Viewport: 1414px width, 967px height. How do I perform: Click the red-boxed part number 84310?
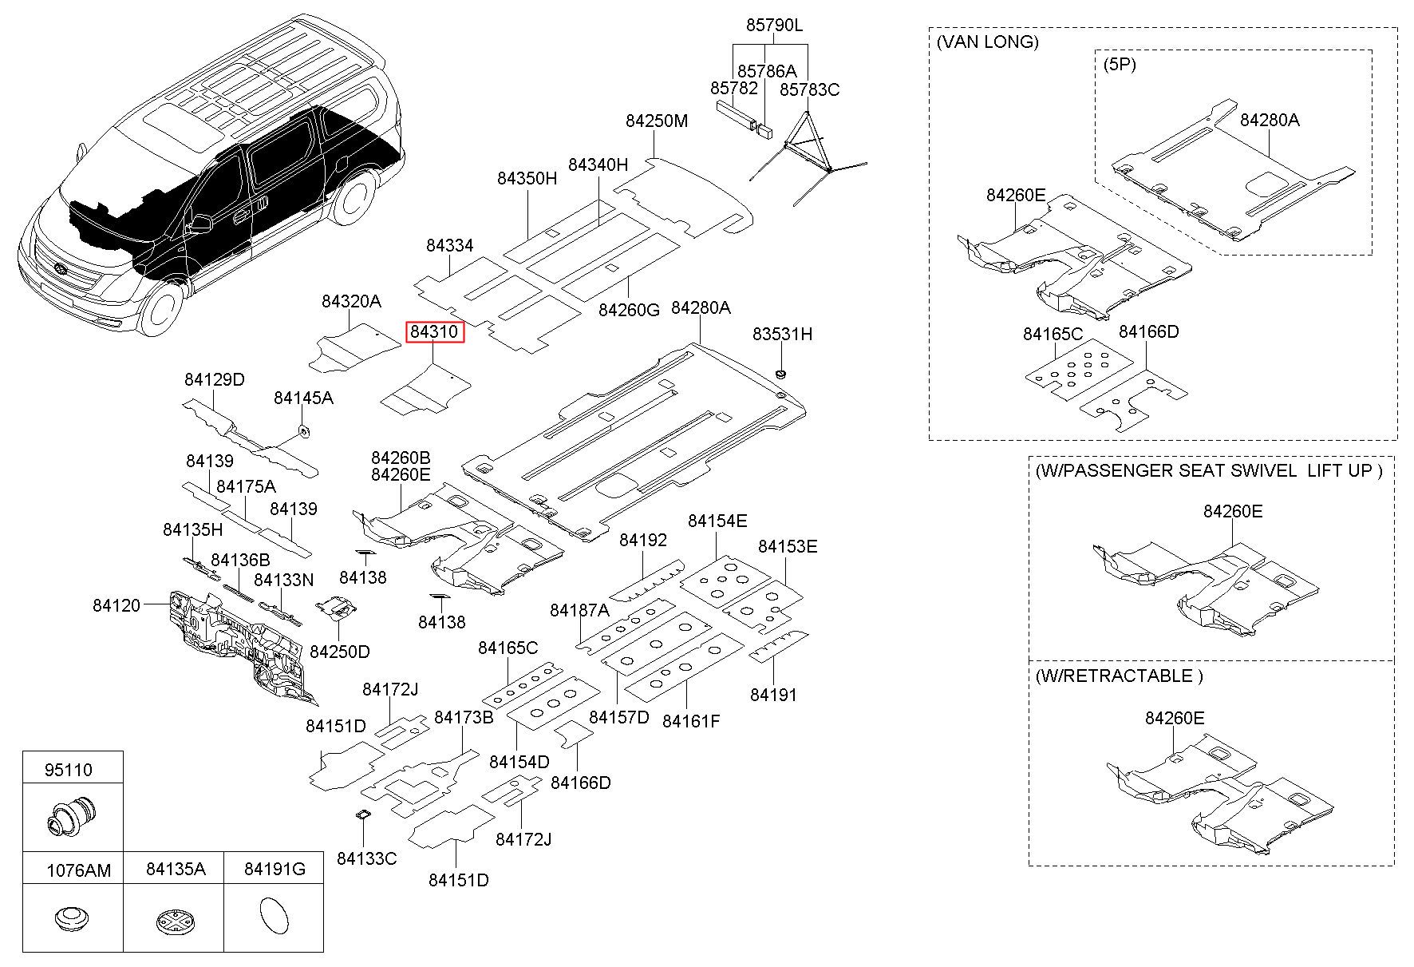[434, 331]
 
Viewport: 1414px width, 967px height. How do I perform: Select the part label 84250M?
[656, 121]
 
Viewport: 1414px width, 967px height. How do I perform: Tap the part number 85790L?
[774, 26]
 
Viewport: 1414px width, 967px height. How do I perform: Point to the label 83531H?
[782, 335]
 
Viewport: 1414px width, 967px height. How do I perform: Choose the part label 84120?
[116, 605]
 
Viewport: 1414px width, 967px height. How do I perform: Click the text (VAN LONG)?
[988, 42]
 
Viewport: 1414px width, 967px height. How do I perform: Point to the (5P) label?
[1120, 64]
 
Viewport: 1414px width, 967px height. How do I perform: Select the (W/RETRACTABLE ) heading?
[1119, 676]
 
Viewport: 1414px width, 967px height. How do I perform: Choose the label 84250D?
[339, 652]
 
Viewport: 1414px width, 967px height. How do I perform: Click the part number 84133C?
[366, 858]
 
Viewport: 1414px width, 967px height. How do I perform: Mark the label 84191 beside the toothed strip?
[773, 695]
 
